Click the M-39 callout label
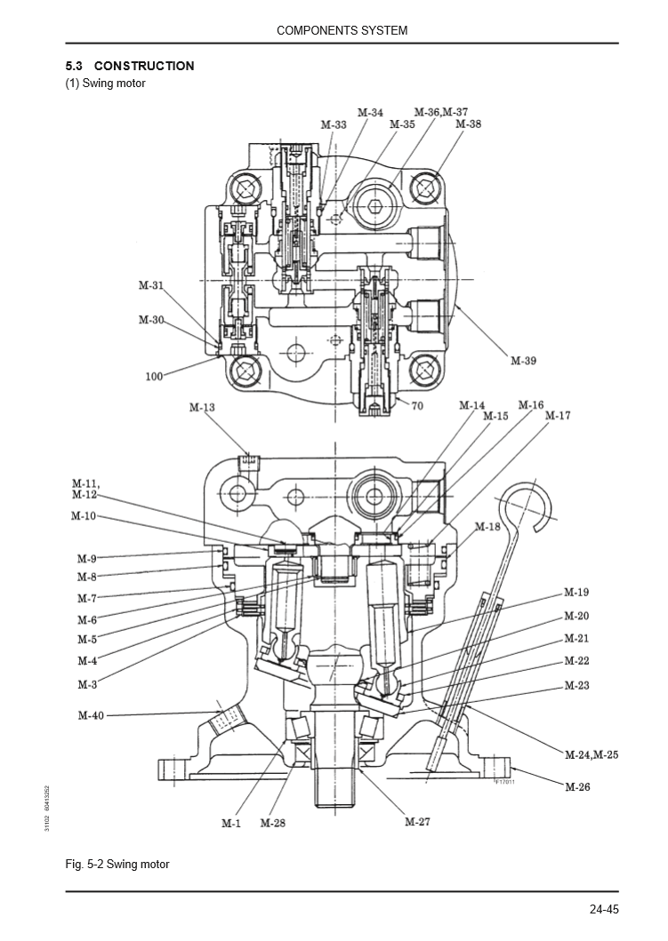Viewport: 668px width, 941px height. (x=523, y=361)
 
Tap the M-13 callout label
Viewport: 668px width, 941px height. (x=202, y=408)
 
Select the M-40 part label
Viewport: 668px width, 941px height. (x=90, y=715)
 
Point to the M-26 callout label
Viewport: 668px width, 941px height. (x=577, y=786)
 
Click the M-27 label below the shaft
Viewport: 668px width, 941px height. (x=417, y=822)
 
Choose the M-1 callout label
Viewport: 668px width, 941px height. (x=231, y=824)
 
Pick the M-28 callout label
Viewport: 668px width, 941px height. (x=272, y=824)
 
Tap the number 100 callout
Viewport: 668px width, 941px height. (x=154, y=377)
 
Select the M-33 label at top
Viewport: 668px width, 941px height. (x=334, y=125)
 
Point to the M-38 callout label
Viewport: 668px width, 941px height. (x=468, y=124)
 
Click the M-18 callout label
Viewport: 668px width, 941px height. (x=487, y=527)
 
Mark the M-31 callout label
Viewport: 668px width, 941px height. (x=151, y=286)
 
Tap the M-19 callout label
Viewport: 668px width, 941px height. (x=576, y=592)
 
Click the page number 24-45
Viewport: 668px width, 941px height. (x=603, y=909)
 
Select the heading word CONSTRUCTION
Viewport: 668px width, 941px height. (x=143, y=66)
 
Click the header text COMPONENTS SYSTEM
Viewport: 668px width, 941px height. (x=342, y=30)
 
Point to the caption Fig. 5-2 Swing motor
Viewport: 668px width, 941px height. (x=117, y=864)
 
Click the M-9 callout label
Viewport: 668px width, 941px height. (x=86, y=559)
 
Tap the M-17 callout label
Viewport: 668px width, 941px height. (x=558, y=416)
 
